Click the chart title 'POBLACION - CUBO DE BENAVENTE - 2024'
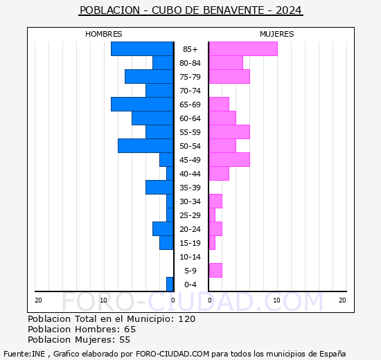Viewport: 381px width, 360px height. click(x=190, y=10)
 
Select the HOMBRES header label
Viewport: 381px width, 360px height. click(x=103, y=34)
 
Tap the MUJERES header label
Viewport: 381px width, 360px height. click(x=276, y=34)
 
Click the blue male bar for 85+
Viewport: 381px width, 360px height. click(x=142, y=49)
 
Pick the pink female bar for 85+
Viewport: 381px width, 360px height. click(x=242, y=49)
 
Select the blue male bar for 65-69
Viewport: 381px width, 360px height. click(x=142, y=105)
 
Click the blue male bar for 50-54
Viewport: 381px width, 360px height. click(x=145, y=146)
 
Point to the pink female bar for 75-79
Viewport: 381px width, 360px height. click(x=229, y=77)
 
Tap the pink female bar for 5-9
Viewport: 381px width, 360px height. click(x=215, y=271)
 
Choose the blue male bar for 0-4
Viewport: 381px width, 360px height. click(x=170, y=285)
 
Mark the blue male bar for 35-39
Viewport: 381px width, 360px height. click(x=159, y=188)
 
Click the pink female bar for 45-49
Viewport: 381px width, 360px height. click(x=229, y=160)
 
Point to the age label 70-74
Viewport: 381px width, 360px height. click(x=190, y=91)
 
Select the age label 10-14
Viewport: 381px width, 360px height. click(x=190, y=257)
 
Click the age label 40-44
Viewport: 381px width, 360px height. click(x=190, y=174)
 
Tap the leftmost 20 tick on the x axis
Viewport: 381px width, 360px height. click(x=38, y=300)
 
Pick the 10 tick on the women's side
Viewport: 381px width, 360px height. click(x=276, y=300)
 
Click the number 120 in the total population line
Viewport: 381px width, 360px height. click(x=186, y=319)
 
